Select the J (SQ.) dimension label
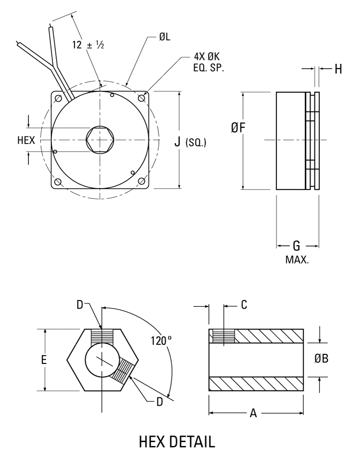tap(190, 142)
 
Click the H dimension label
tap(338, 69)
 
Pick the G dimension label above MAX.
tap(297, 246)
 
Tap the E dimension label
tap(44, 360)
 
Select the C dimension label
tap(244, 305)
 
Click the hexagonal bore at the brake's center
tap(99, 140)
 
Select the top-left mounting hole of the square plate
tap(58, 98)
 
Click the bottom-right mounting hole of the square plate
tap(142, 181)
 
